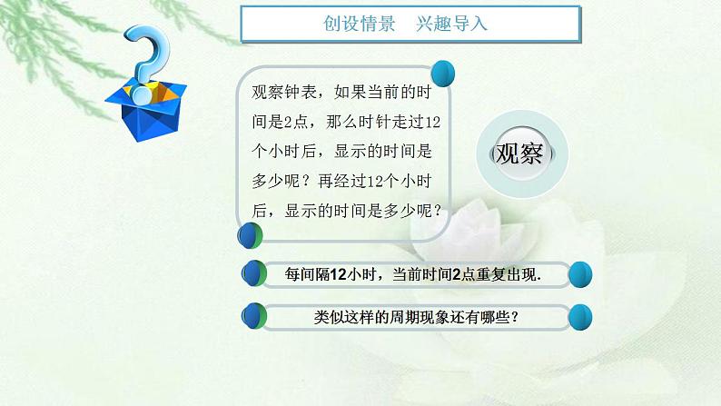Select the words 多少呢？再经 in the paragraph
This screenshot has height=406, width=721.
point(307,180)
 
